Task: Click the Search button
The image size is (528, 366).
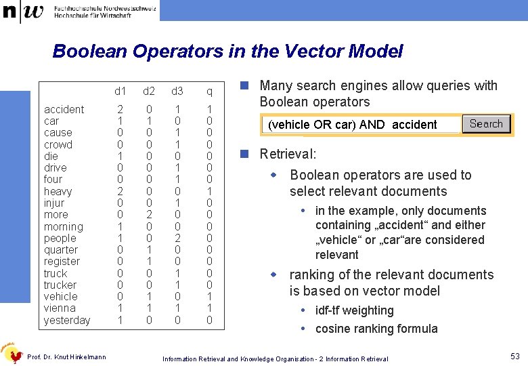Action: [486, 124]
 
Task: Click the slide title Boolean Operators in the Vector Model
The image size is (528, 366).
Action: [227, 52]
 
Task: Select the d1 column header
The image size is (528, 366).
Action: [120, 91]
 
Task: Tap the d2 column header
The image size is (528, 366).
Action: [149, 91]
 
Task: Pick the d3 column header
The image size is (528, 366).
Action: [177, 91]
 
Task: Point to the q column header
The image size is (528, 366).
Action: [210, 91]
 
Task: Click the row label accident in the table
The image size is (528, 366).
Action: [64, 110]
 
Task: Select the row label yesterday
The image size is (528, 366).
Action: [67, 320]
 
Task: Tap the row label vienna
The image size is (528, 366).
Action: [60, 308]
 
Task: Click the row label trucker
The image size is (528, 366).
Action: [60, 285]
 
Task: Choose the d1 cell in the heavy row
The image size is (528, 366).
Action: [120, 192]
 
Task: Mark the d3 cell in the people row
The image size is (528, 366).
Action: [177, 239]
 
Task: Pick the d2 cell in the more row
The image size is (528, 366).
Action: [149, 215]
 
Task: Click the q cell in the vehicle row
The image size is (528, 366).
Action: [210, 297]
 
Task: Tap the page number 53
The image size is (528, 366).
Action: [514, 357]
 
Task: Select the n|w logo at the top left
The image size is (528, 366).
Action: [23, 12]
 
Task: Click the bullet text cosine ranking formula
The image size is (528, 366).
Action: [376, 329]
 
